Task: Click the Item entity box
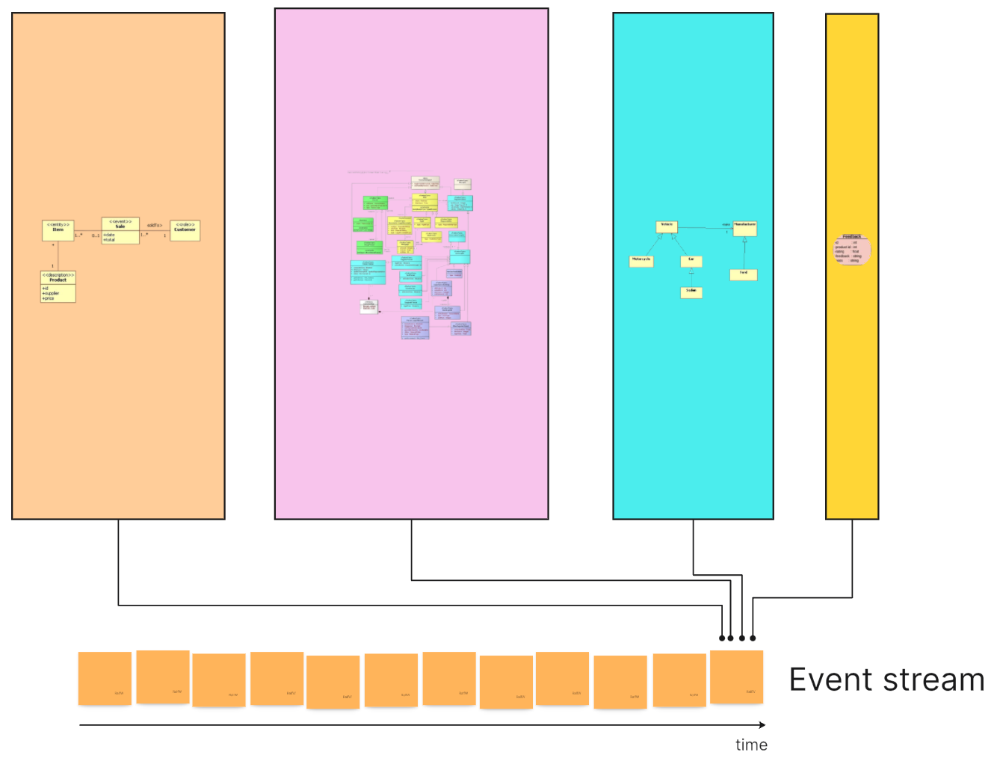(x=58, y=230)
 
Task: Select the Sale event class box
(x=120, y=230)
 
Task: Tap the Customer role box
(x=185, y=229)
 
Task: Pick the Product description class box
(x=58, y=286)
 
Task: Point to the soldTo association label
(x=155, y=225)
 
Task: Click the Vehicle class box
(x=666, y=227)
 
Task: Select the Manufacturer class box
(x=744, y=228)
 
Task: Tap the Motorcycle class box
(x=641, y=261)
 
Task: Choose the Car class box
(x=691, y=261)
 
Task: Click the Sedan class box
(x=691, y=292)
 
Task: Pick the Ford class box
(x=744, y=274)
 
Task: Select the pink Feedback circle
(x=852, y=250)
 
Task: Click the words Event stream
(x=886, y=680)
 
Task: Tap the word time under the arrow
(x=751, y=745)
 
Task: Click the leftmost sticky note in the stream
(x=105, y=678)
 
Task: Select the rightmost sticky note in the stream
(x=736, y=677)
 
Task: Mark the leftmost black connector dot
(x=722, y=638)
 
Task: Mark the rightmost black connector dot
(x=753, y=638)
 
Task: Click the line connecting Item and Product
(x=58, y=256)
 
